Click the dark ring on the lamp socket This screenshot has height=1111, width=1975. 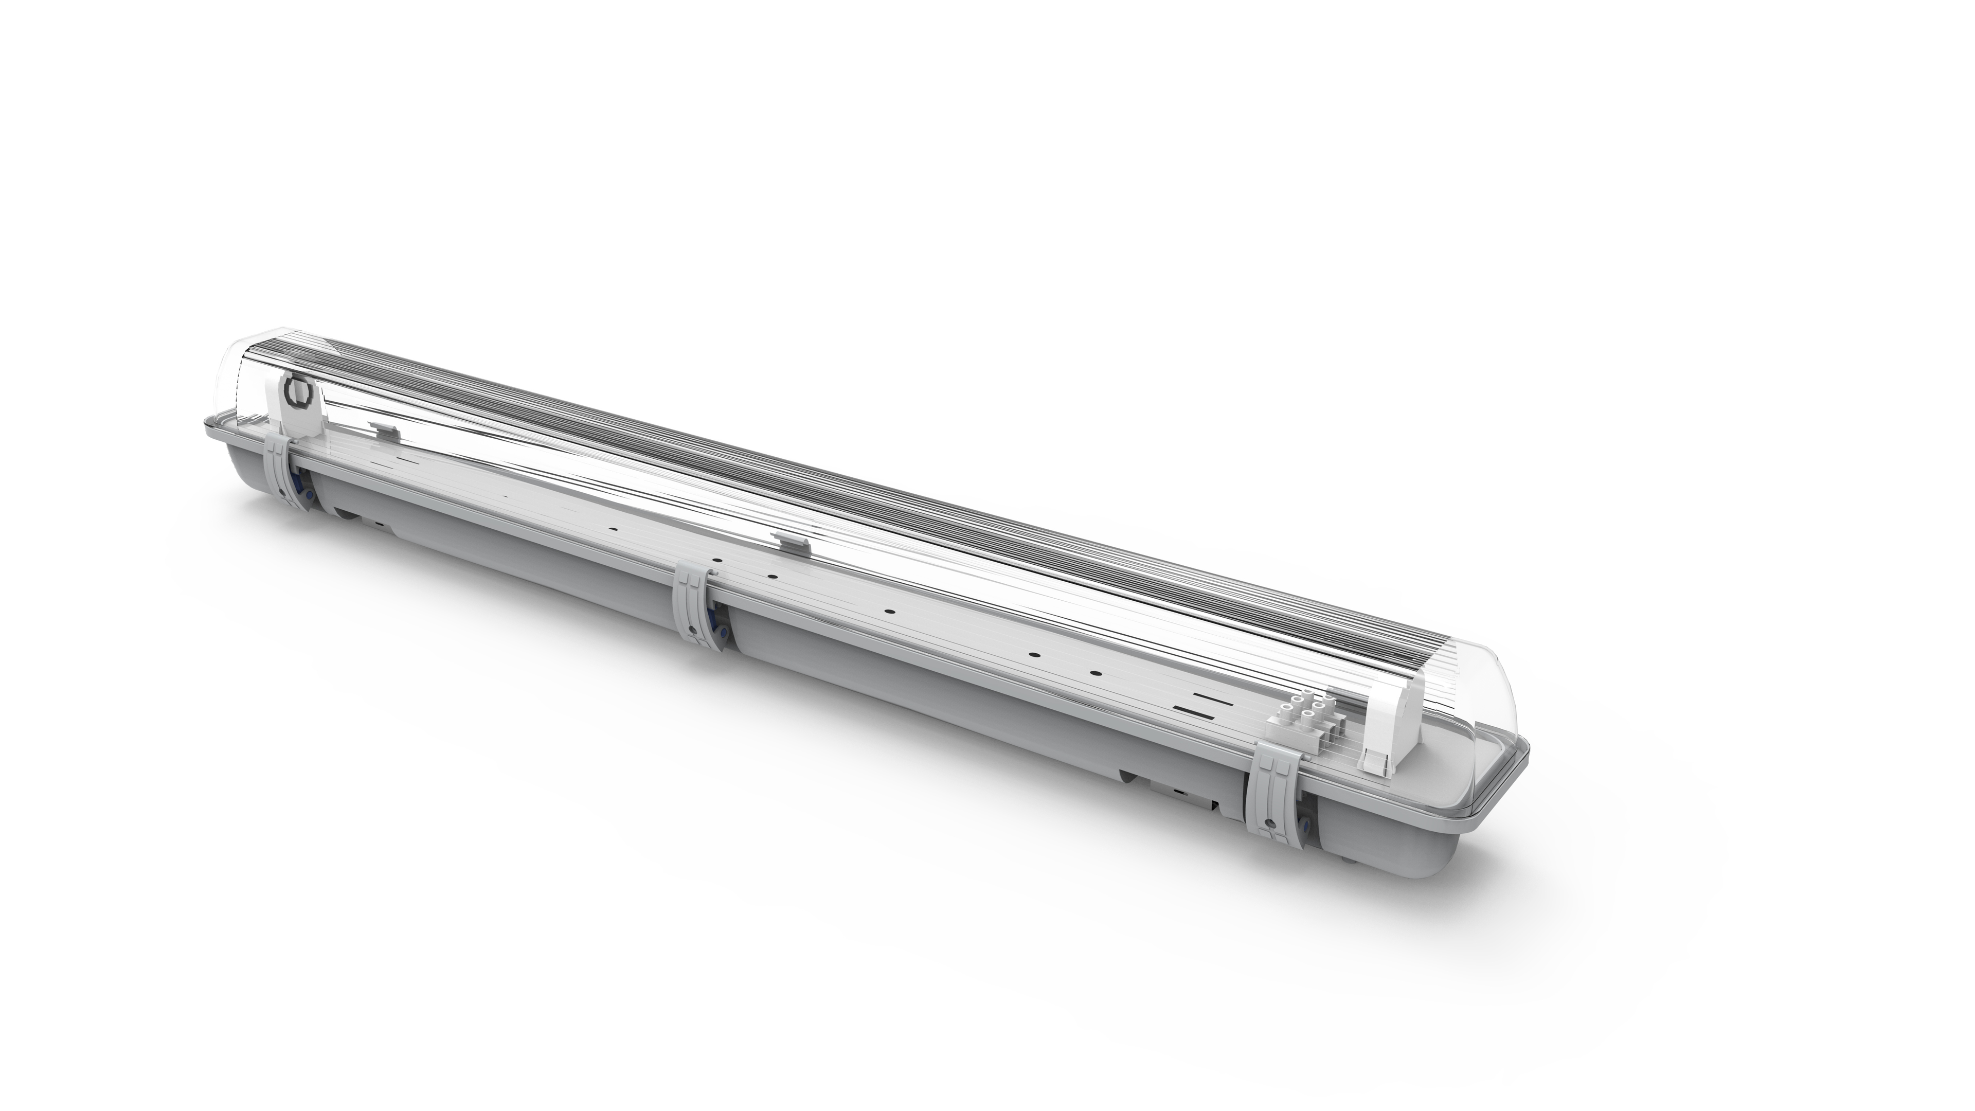[x=297, y=392]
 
